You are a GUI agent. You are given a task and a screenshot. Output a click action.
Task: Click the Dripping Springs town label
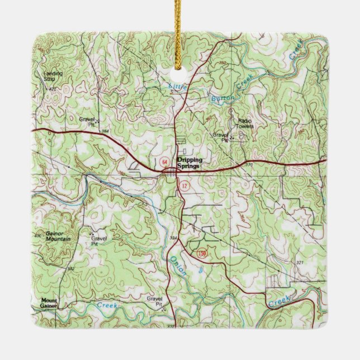pos(188,162)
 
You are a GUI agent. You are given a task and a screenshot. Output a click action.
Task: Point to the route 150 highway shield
pos(201,254)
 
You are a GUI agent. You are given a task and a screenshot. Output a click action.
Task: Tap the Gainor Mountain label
pos(58,236)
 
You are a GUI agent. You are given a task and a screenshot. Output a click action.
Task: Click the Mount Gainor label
pos(49,302)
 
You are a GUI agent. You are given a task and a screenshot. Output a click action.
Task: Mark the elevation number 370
pos(249,165)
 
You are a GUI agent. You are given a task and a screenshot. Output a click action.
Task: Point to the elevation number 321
pos(300,262)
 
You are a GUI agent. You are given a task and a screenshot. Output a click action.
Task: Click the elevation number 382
pos(70,269)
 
